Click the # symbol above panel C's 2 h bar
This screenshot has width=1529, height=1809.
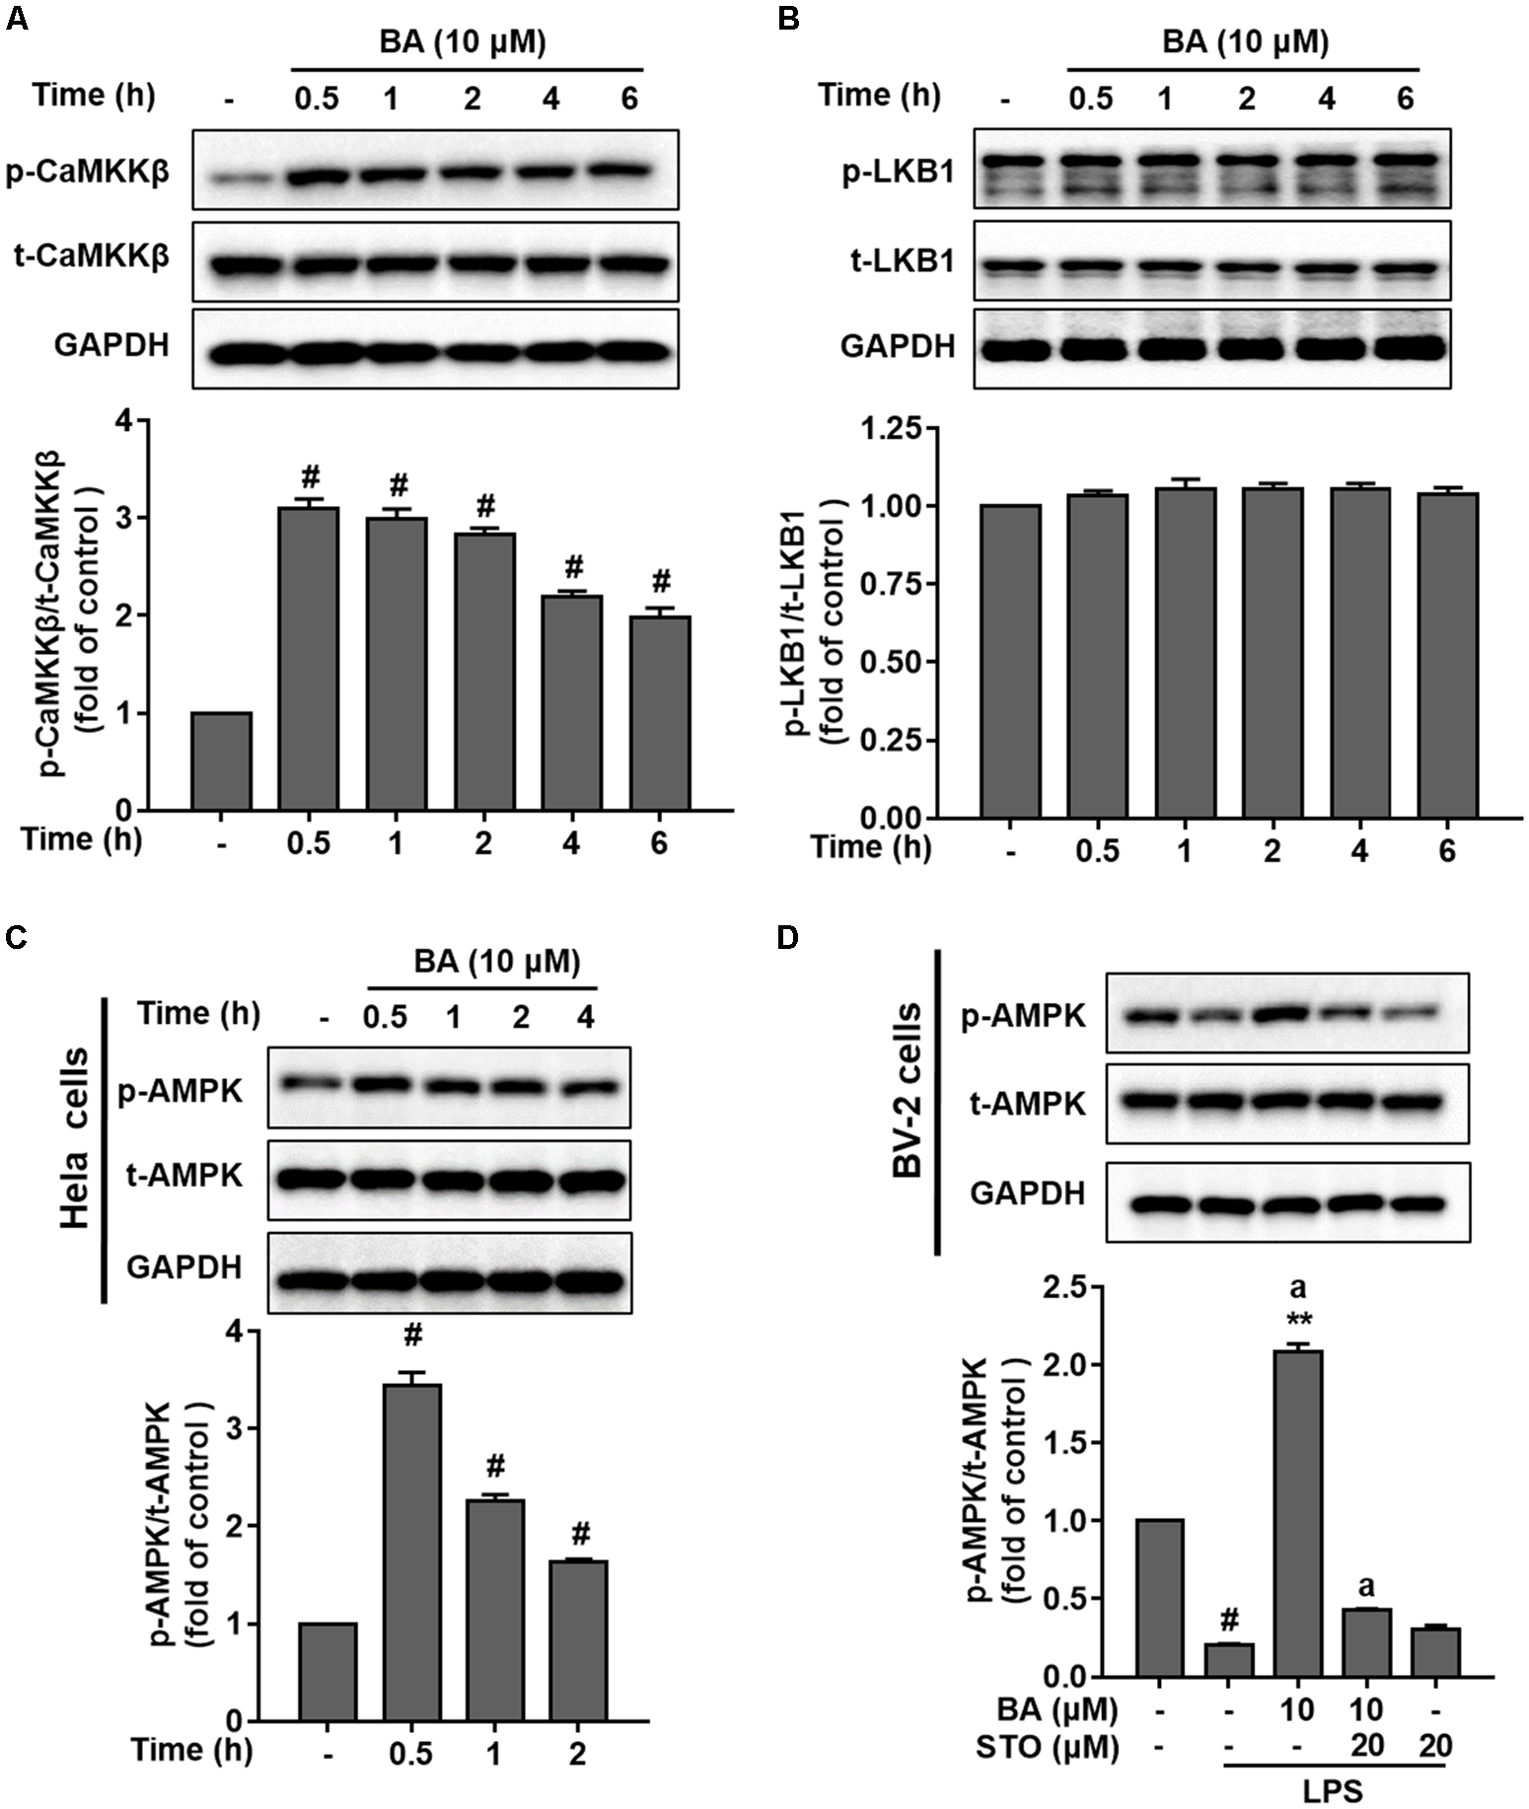(x=580, y=1533)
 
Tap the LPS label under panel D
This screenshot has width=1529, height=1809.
(x=1337, y=1791)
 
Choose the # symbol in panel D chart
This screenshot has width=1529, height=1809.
(x=1229, y=1619)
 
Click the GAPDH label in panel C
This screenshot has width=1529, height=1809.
(x=182, y=1267)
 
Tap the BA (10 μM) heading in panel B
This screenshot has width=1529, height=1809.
(x=1245, y=42)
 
